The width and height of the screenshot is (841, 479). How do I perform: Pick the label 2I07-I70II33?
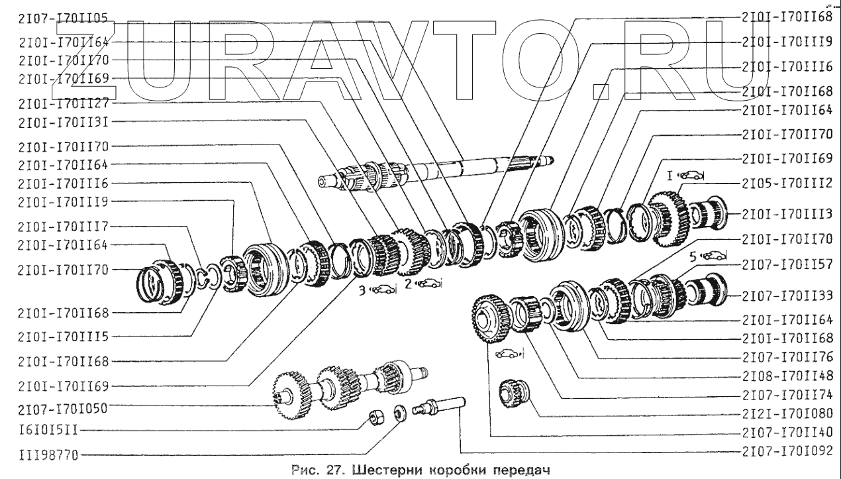(786, 294)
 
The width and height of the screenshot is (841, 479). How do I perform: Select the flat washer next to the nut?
(399, 412)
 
